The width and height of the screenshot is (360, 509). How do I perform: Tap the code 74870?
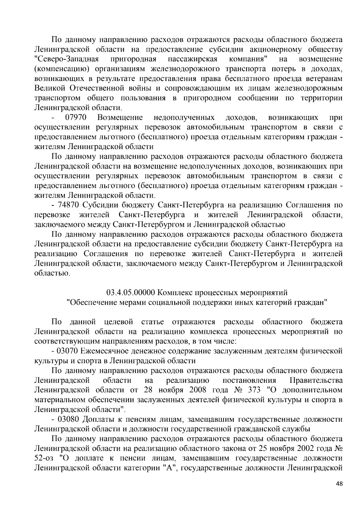click(69, 205)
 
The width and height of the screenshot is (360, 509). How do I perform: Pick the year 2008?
click(198, 390)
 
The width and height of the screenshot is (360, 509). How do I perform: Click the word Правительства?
click(316, 380)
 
